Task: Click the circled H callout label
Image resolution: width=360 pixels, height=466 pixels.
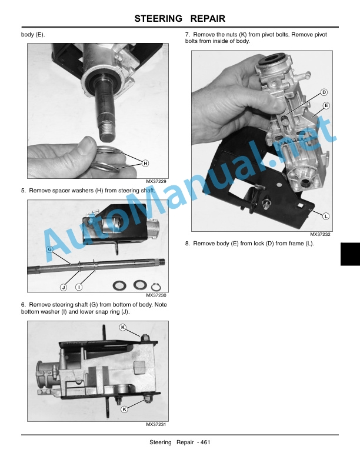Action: click(x=145, y=163)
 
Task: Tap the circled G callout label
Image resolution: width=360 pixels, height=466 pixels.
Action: click(x=50, y=249)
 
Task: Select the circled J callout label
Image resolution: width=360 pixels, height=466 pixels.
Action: click(x=64, y=287)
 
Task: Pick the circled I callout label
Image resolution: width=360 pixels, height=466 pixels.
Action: click(x=79, y=287)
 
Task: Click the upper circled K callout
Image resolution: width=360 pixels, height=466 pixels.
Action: click(x=123, y=327)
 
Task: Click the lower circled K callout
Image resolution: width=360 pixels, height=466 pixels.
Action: click(x=125, y=410)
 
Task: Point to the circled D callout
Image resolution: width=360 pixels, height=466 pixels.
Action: click(x=324, y=92)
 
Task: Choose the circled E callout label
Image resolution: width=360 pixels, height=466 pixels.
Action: click(x=326, y=105)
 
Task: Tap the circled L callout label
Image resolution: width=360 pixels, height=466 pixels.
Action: click(x=326, y=216)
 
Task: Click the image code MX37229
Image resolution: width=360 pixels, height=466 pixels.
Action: click(x=156, y=181)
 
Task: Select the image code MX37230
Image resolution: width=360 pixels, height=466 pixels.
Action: click(x=156, y=295)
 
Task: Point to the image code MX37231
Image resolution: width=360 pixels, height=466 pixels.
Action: click(x=156, y=424)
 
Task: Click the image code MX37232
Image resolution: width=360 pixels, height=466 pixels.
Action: click(x=320, y=234)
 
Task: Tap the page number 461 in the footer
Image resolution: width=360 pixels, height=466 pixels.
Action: click(x=205, y=442)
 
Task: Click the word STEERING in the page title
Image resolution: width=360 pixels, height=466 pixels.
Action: click(x=158, y=18)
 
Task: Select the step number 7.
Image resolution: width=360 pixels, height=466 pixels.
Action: click(x=187, y=35)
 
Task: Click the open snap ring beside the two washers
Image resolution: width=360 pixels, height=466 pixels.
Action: click(x=156, y=287)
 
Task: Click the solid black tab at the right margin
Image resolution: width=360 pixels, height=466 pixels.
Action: click(x=350, y=254)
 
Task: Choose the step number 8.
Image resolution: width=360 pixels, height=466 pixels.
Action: click(x=187, y=244)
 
